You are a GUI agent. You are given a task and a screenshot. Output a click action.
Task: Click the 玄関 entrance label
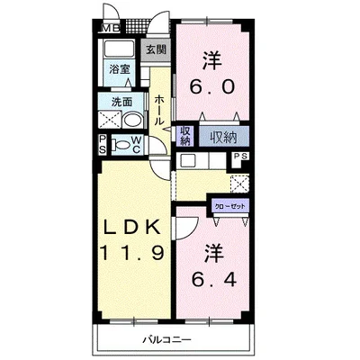156,49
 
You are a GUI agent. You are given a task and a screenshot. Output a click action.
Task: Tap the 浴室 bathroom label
120,69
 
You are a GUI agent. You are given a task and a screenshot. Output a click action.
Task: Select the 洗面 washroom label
121,103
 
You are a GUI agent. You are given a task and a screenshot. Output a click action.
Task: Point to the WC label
136,145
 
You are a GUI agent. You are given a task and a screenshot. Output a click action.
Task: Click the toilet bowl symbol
120,145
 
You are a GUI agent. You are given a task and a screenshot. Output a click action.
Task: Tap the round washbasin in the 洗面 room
133,121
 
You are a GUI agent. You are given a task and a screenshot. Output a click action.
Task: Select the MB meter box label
111,29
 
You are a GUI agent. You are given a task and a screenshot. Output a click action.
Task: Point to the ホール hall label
159,110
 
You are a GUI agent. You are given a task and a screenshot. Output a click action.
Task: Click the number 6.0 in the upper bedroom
211,87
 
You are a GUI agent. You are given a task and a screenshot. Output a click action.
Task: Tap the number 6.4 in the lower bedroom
214,279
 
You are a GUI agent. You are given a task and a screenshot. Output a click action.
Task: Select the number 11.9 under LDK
131,253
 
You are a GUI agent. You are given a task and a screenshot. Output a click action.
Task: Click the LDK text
131,229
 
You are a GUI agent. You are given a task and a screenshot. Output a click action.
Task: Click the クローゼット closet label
229,206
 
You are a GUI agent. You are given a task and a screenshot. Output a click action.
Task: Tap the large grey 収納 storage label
224,138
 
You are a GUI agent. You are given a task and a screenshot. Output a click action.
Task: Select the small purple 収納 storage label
185,136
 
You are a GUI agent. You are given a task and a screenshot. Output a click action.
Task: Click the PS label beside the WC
103,144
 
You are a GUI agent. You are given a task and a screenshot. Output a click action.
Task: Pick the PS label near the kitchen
241,157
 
